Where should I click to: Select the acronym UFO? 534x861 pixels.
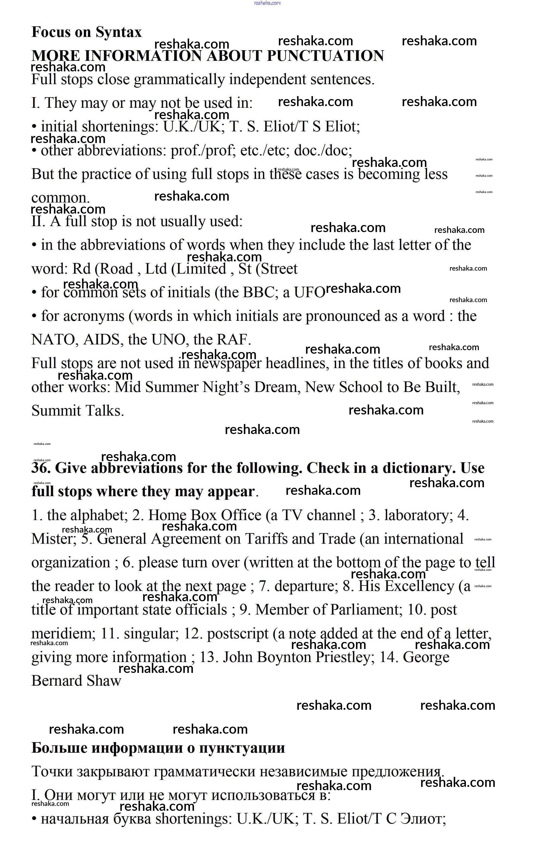pos(309,293)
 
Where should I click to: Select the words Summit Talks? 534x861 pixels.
pos(78,411)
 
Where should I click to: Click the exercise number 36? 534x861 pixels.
pos(41,469)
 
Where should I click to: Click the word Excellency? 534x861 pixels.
pos(406,587)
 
